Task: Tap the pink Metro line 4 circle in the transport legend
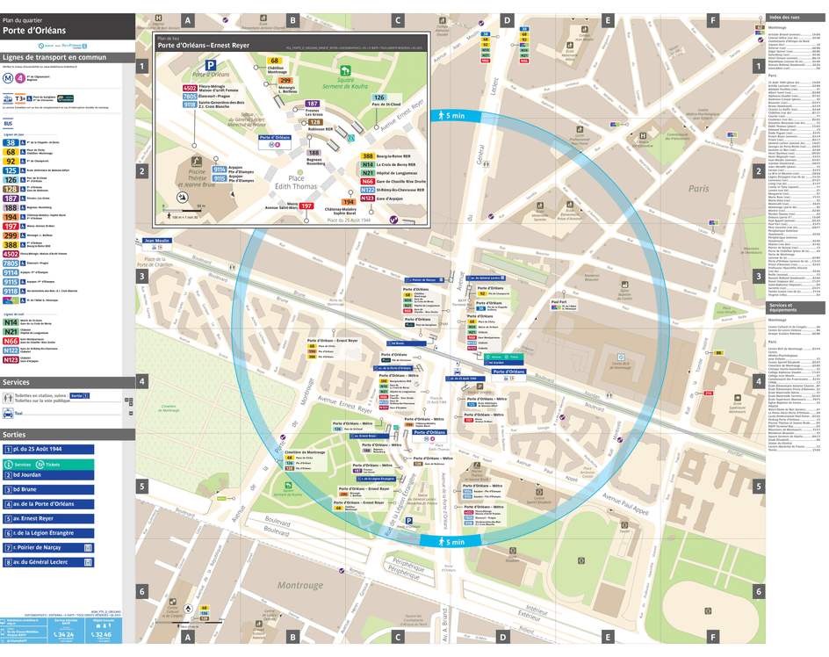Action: (19, 77)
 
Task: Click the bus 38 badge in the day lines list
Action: (11, 141)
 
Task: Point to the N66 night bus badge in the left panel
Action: (11, 340)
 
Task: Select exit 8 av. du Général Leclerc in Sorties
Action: (48, 560)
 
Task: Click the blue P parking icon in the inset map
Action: (211, 64)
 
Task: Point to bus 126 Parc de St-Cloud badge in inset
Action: (379, 97)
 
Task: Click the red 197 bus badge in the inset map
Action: (306, 206)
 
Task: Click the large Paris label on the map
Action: (698, 188)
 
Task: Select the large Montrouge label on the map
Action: (301, 583)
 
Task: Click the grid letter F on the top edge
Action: (712, 19)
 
